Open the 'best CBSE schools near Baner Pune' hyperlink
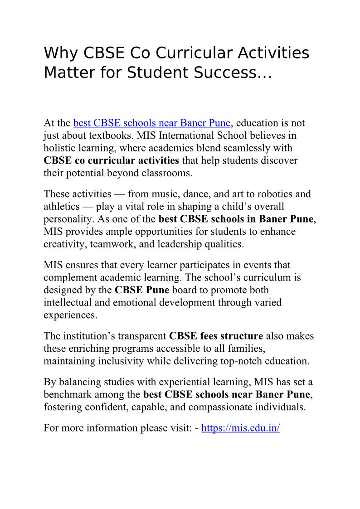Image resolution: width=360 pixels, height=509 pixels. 152,123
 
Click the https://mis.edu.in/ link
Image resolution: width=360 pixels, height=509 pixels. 240,428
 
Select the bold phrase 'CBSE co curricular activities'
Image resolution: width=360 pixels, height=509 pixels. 111,160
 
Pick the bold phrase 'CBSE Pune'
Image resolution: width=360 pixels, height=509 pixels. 141,290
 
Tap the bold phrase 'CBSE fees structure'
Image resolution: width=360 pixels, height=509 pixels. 216,336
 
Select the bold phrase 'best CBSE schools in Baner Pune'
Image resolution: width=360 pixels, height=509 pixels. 236,219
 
